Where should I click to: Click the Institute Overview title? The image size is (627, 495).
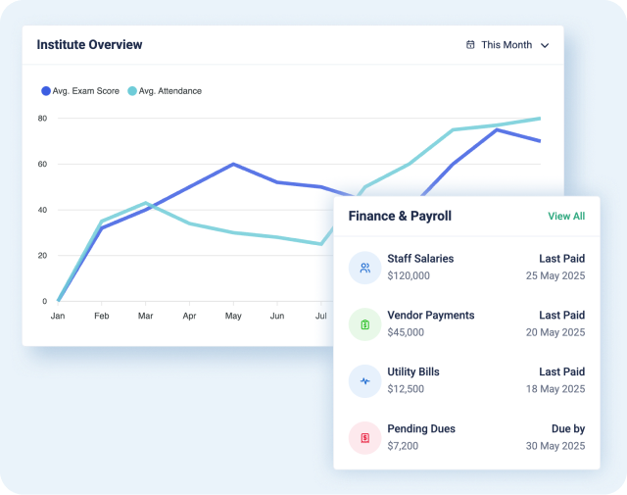(x=89, y=44)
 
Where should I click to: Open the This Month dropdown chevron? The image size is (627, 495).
(x=545, y=45)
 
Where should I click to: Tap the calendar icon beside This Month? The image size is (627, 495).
(x=470, y=44)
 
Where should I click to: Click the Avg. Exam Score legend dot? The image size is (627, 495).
(x=45, y=91)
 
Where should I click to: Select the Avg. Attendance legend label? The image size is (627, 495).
(x=169, y=91)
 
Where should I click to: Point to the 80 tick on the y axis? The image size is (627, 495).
(x=42, y=119)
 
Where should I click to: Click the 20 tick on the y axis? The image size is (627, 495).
(x=42, y=255)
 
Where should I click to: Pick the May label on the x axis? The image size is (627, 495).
(x=233, y=317)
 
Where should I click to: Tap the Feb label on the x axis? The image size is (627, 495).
(x=101, y=317)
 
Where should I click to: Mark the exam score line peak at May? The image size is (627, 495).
(x=233, y=164)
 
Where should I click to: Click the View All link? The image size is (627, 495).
(x=566, y=216)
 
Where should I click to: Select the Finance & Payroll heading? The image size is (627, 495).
(x=400, y=216)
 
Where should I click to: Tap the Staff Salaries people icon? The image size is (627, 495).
(x=364, y=268)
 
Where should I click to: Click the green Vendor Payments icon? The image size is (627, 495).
(x=364, y=324)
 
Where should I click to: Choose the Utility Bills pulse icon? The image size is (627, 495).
(x=364, y=381)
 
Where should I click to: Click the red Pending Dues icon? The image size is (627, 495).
(x=364, y=438)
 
